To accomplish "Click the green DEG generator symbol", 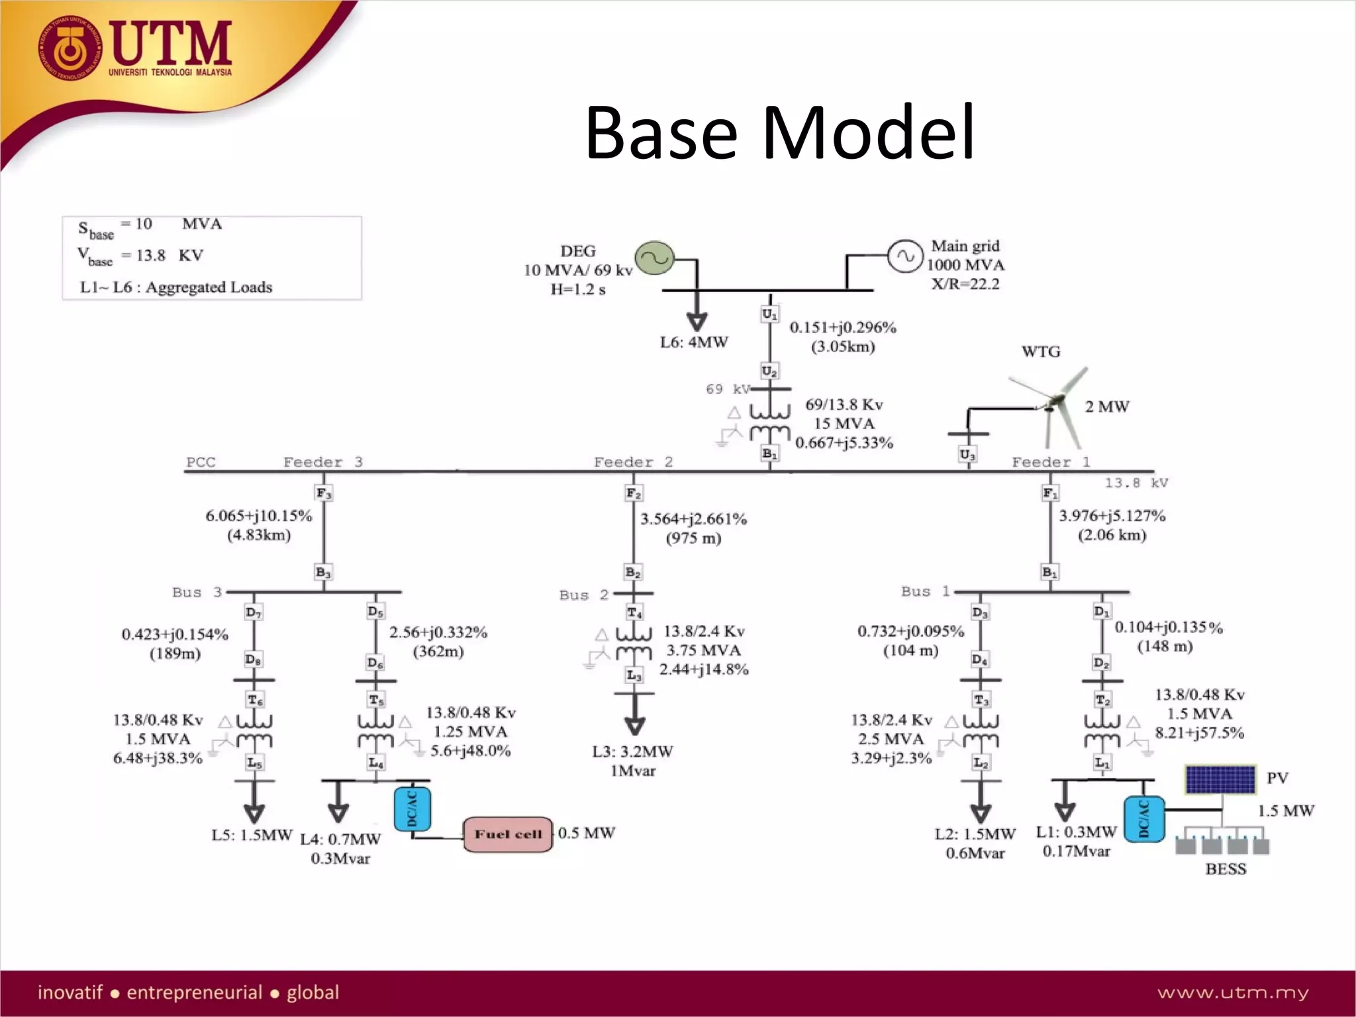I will (x=654, y=258).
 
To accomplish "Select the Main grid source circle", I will (x=904, y=256).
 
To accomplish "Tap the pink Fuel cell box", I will (x=508, y=834).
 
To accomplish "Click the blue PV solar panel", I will (x=1220, y=779).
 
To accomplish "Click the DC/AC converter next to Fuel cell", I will (x=412, y=808).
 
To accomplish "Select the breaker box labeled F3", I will (x=323, y=493).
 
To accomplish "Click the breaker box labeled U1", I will (x=769, y=315).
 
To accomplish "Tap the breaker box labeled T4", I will (x=634, y=613).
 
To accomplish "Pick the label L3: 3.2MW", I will (x=632, y=751).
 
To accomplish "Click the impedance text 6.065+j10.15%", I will (x=258, y=516).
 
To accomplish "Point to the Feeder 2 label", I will (x=633, y=462).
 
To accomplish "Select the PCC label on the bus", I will (x=201, y=462).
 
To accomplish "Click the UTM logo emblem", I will (x=69, y=48).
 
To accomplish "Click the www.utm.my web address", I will (x=1233, y=993).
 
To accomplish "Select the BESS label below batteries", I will (x=1226, y=869).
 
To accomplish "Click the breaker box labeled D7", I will (x=253, y=612).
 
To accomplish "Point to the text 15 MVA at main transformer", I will (x=844, y=424).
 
